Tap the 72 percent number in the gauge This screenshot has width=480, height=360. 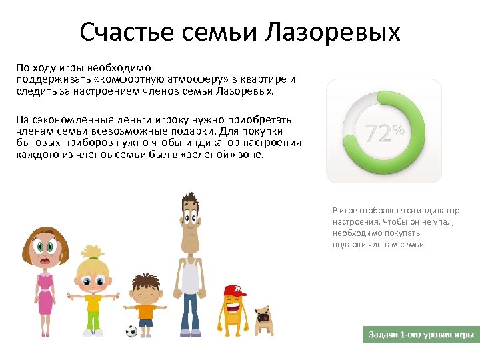[x=377, y=134]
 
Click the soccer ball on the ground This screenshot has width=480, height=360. [x=131, y=330]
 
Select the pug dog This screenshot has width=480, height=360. [x=265, y=319]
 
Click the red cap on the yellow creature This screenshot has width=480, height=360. [x=234, y=291]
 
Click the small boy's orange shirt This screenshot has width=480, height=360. [x=145, y=311]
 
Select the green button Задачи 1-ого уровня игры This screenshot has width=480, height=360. [x=422, y=334]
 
